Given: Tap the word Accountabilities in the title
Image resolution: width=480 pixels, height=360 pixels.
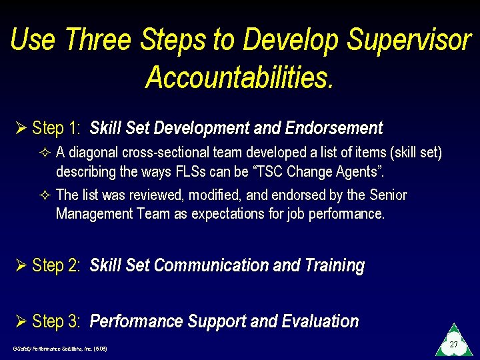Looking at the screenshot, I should pos(239,77).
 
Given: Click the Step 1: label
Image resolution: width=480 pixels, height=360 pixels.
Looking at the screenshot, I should pos(57,128).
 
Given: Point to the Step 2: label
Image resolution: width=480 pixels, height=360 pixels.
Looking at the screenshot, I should pos(57,265).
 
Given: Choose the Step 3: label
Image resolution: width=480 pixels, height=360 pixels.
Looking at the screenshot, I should pos(57,321).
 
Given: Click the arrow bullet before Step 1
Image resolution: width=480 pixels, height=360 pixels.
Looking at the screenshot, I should pos(21,128).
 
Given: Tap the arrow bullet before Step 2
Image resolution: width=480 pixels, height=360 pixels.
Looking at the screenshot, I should pos(21,265).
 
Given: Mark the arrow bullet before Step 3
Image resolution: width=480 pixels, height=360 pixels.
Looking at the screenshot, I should pos(21,321).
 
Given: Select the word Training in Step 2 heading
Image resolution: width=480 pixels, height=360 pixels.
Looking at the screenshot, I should pos(334,265).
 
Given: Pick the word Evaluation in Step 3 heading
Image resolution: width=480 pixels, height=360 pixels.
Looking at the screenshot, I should pos(320,321).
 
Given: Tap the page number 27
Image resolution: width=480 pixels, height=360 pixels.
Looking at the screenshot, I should pos(453,345).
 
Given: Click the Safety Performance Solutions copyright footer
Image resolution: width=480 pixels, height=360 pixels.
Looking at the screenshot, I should pos(60,349).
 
